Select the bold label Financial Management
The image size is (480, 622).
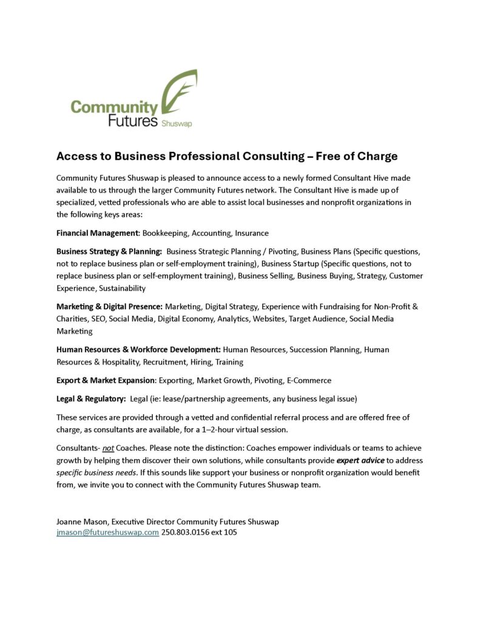98,233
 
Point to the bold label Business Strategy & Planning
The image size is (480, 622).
109,251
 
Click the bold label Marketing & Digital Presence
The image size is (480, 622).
109,307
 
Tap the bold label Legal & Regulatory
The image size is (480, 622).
91,398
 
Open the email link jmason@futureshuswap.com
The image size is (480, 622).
107,533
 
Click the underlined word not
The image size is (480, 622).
108,448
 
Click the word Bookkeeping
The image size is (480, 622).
164,233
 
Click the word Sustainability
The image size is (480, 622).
123,288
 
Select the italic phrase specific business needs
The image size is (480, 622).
95,473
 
